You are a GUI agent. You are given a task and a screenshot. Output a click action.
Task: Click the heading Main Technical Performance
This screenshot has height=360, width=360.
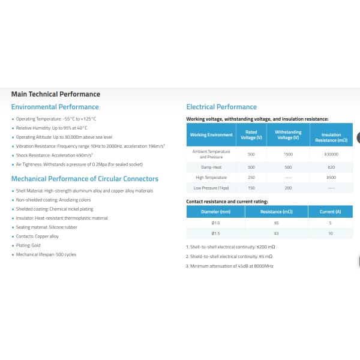point(56,94)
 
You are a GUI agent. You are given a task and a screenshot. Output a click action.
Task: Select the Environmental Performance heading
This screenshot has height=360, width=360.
point(55,107)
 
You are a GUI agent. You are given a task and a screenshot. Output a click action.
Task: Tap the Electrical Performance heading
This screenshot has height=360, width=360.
point(221,107)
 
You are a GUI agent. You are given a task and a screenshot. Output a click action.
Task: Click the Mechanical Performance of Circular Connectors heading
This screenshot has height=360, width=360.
point(85,179)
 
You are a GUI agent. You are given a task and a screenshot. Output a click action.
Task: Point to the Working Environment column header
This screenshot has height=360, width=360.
point(211,135)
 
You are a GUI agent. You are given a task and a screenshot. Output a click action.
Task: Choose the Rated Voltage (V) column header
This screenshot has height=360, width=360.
point(251,135)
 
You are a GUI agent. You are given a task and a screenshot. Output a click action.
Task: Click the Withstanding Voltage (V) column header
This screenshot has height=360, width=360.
point(288,135)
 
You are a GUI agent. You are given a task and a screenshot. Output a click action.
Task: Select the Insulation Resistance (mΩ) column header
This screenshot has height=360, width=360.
point(331,137)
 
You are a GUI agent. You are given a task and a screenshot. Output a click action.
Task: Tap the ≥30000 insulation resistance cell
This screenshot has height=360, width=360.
point(331,154)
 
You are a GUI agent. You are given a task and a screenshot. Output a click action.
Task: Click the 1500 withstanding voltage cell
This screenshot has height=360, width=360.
point(288,154)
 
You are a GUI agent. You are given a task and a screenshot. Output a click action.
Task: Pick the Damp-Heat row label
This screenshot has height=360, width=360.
point(211,167)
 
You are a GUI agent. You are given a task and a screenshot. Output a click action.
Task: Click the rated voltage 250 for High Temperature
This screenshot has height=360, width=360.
point(251,178)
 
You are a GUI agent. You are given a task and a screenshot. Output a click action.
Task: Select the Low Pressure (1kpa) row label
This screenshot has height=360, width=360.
point(211,188)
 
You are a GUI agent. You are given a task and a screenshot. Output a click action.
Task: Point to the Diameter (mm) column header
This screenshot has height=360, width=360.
point(216,212)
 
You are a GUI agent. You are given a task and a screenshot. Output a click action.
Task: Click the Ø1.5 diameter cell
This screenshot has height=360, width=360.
point(216,233)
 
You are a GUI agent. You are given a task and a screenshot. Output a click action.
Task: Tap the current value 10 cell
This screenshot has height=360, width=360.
point(331,233)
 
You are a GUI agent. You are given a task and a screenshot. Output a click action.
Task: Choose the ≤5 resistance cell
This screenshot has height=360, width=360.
point(277,223)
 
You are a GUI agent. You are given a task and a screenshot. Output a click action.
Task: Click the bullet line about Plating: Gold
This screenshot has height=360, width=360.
point(29,245)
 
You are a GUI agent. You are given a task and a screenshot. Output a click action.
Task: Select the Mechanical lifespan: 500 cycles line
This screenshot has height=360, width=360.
point(46,255)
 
